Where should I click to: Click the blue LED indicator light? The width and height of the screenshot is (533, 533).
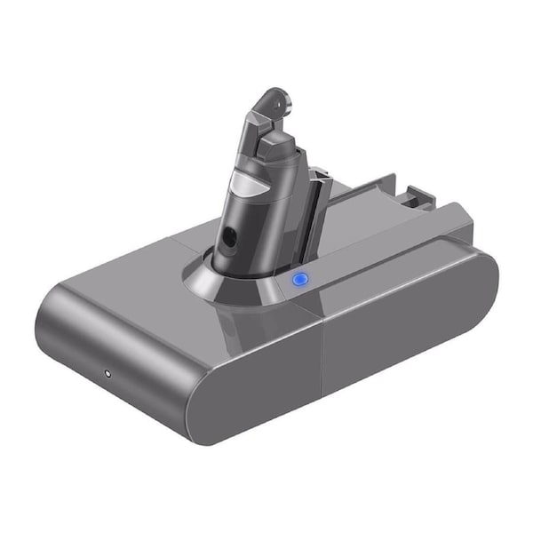click(x=299, y=280)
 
